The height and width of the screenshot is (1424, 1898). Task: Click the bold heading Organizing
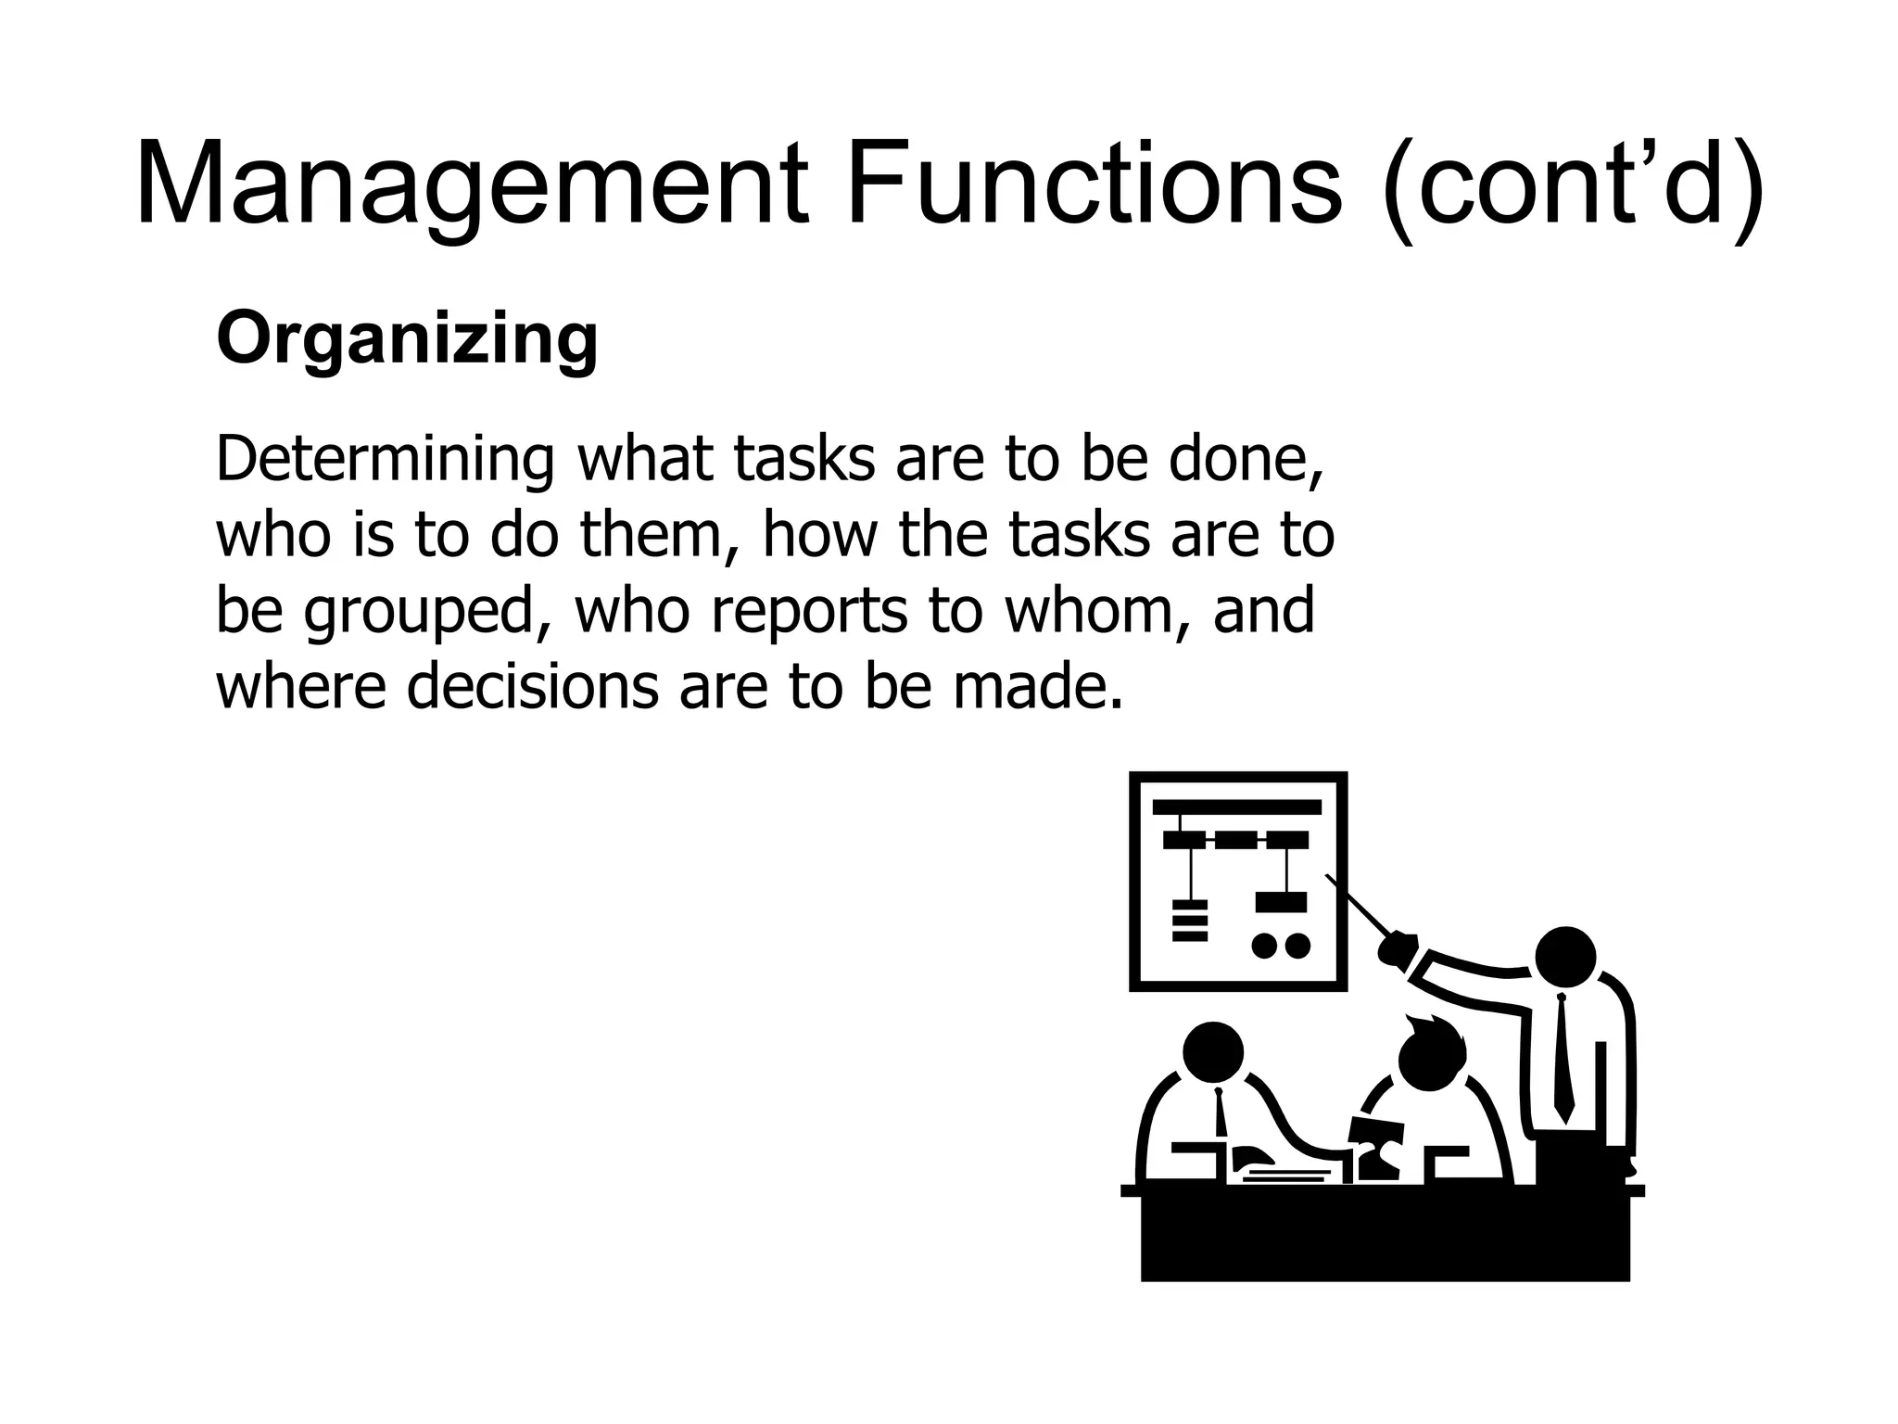tap(407, 341)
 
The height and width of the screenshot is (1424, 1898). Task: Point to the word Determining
tap(385, 461)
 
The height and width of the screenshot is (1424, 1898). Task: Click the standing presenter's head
tap(1565, 957)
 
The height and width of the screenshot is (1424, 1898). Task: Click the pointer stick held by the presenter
tap(1357, 905)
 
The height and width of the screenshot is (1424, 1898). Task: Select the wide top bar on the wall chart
tap(1236, 807)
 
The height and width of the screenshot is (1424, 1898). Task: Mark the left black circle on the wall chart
tap(1264, 946)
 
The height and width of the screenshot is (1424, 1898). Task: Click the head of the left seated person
tap(1213, 1051)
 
